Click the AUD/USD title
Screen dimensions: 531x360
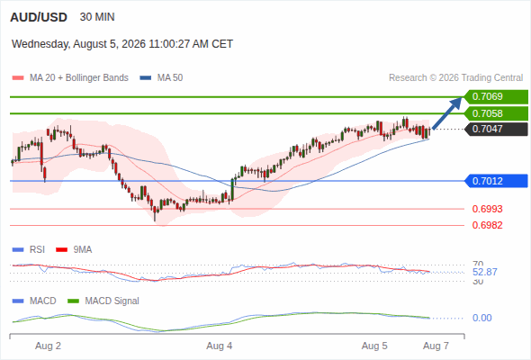point(39,17)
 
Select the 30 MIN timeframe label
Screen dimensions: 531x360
point(97,17)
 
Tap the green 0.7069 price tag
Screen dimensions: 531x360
point(496,96)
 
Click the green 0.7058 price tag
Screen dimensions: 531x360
point(496,113)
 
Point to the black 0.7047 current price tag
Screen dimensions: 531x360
point(497,129)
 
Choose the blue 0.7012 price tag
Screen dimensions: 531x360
point(496,181)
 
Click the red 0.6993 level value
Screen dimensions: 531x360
point(487,209)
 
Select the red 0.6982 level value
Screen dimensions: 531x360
point(487,225)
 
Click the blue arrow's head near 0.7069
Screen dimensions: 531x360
point(457,102)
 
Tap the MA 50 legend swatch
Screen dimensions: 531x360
point(146,78)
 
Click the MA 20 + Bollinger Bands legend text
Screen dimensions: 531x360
point(79,78)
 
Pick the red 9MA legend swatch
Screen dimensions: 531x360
point(61,250)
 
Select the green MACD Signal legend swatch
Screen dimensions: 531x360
point(73,301)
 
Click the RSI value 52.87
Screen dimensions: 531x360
point(485,272)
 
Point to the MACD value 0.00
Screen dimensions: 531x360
point(481,318)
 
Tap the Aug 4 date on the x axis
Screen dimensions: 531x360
point(220,346)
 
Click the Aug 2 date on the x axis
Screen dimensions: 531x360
point(48,346)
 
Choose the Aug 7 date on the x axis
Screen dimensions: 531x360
point(436,346)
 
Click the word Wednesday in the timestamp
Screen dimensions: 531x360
point(41,44)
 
